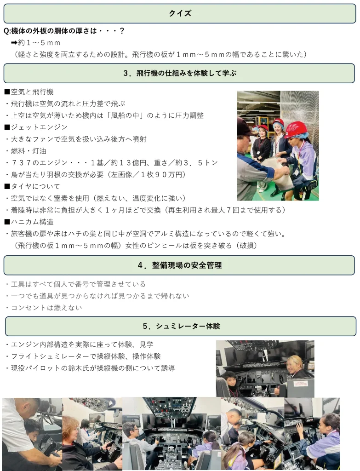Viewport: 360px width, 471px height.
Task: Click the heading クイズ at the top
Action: [180, 13]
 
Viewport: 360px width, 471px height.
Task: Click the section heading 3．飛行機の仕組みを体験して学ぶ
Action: [180, 73]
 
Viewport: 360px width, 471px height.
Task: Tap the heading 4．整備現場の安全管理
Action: [180, 265]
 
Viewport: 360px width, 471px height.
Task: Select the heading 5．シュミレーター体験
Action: [181, 326]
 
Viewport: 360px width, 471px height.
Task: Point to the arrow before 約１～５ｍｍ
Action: [14, 43]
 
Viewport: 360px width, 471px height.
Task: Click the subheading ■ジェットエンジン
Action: [36, 127]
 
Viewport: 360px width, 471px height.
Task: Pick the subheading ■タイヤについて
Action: [32, 187]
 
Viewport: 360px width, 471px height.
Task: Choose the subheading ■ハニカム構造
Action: [29, 222]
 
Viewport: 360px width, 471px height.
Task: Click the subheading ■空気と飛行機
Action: [29, 92]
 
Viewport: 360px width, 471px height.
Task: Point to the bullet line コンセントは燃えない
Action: [46, 308]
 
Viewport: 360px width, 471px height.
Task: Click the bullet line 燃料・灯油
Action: [29, 151]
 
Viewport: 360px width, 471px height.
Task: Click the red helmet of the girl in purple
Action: [297, 129]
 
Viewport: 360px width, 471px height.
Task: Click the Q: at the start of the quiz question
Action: [7, 31]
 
